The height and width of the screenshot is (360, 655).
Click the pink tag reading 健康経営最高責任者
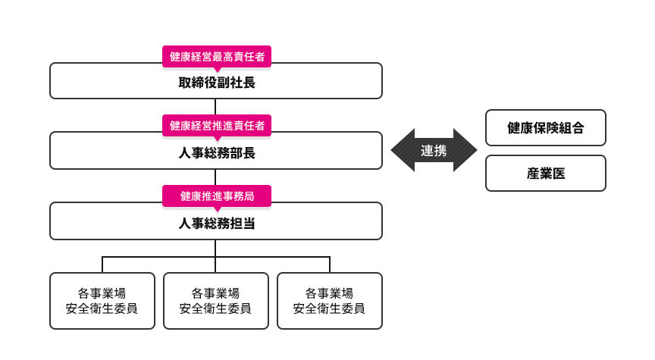tap(216, 56)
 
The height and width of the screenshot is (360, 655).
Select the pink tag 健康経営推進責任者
tap(216, 126)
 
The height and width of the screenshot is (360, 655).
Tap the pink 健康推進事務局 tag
tap(216, 196)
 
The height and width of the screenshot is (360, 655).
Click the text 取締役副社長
tap(216, 83)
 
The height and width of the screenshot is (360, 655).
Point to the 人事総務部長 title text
tap(216, 153)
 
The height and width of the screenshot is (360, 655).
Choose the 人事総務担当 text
tap(216, 224)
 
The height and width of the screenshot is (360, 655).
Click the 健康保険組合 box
tap(545, 127)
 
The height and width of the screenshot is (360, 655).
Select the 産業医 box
tap(545, 174)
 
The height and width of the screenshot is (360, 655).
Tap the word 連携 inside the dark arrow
tap(434, 151)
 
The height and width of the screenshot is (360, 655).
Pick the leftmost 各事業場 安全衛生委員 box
tap(102, 301)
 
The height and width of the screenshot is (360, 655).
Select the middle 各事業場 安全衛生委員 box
tap(216, 301)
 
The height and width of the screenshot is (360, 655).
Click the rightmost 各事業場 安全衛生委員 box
tap(330, 301)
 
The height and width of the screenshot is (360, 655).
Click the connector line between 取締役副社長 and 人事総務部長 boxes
tap(216, 106)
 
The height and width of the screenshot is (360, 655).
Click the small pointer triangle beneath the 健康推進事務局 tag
tap(216, 208)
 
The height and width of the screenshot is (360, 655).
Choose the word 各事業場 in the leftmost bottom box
tap(102, 293)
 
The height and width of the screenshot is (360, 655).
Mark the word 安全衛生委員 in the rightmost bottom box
tap(330, 309)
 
